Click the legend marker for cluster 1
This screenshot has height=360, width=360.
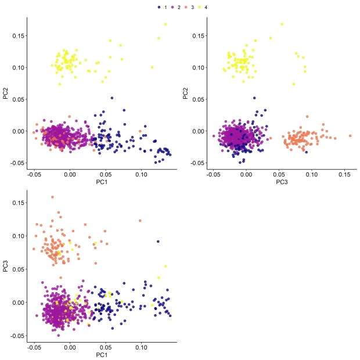pos(159,7)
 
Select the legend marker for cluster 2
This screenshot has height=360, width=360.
pos(172,7)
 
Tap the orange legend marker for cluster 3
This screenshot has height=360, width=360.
pos(185,7)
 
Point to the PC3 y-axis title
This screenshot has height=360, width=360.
pos(6,267)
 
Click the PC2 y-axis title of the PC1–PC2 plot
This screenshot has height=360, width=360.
pos(6,93)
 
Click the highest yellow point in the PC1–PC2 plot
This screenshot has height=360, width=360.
pos(165,24)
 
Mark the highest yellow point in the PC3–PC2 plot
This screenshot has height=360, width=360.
pos(282,24)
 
